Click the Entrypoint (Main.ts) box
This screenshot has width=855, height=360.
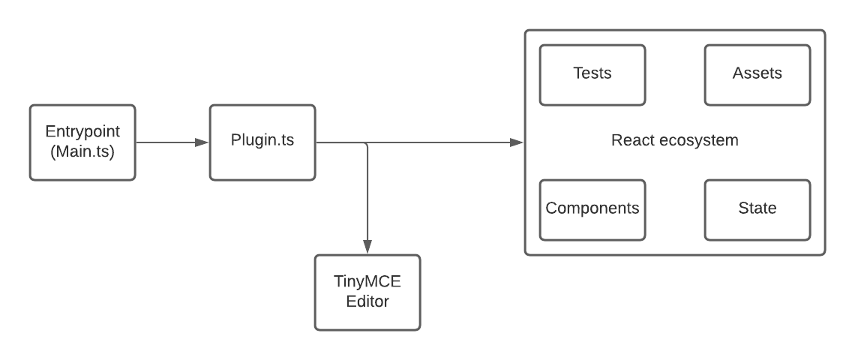point(82,142)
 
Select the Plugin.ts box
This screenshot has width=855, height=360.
point(262,142)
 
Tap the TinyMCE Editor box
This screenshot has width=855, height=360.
point(367,292)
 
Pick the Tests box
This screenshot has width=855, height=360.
point(592,74)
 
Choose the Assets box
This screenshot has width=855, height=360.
point(757,74)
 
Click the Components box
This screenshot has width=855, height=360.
point(592,209)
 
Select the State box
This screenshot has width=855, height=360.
point(757,209)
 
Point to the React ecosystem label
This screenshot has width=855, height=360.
point(675,141)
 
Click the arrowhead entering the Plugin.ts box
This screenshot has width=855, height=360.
point(202,142)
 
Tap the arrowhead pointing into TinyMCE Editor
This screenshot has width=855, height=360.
point(367,247)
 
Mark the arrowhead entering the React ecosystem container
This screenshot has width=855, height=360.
point(517,142)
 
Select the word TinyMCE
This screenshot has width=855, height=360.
point(367,283)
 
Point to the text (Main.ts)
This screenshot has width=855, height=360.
point(82,151)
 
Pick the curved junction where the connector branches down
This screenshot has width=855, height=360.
point(365,144)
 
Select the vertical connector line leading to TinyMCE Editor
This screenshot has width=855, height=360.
point(367,195)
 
